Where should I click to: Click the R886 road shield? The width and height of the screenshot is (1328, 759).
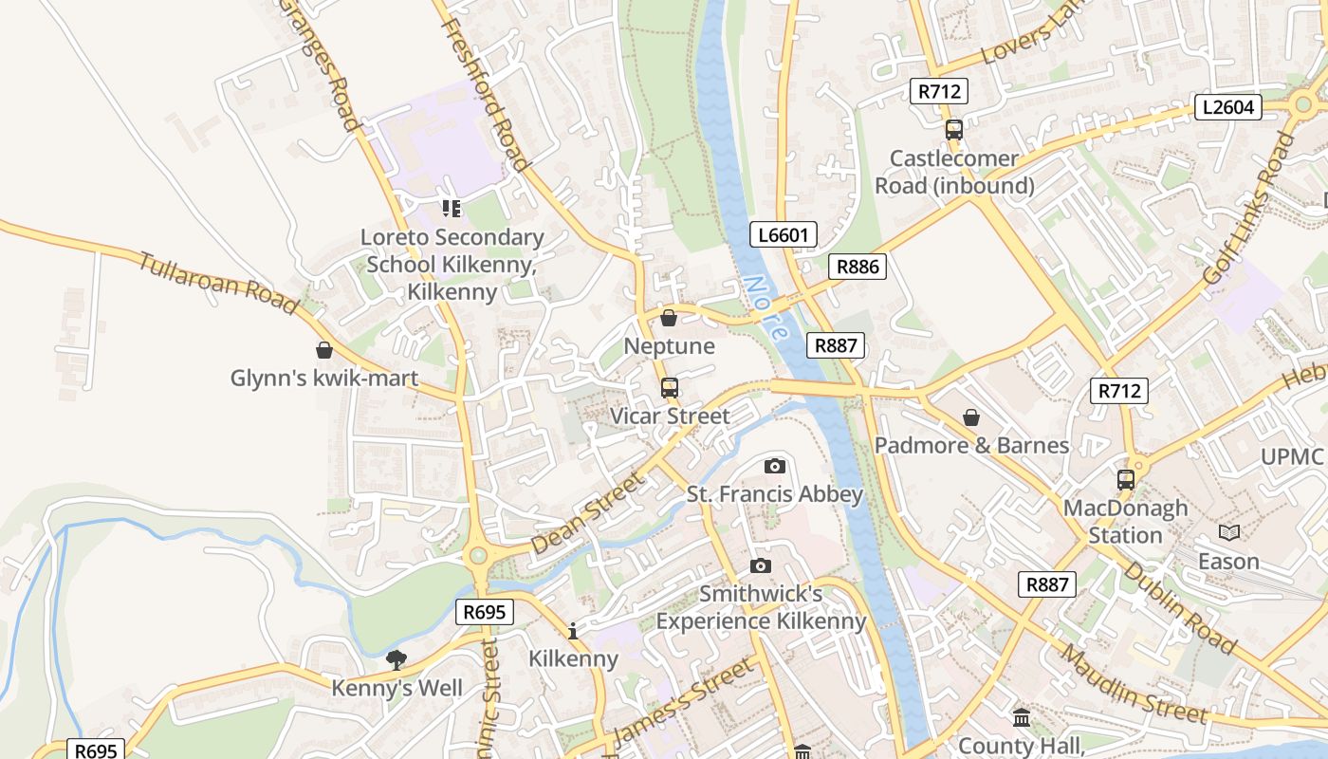click(x=858, y=267)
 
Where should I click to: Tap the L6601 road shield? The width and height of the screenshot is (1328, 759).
click(x=783, y=234)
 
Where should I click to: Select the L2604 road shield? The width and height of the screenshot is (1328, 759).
click(x=1227, y=107)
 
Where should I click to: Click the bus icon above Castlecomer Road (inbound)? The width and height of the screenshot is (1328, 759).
click(x=953, y=130)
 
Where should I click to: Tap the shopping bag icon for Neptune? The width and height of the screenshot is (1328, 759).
click(x=669, y=318)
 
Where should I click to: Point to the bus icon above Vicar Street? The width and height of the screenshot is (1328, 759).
click(x=670, y=387)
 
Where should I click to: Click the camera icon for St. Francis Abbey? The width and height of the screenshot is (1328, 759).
click(x=775, y=466)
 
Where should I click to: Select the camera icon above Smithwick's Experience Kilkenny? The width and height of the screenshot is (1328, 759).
click(x=760, y=566)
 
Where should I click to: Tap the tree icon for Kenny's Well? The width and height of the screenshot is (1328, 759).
click(x=397, y=659)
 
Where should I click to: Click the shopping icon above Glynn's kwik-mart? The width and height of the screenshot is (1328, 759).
click(x=324, y=350)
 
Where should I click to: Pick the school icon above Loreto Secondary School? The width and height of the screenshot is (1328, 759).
click(x=451, y=208)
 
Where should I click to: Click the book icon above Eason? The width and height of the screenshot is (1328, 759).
click(x=1228, y=533)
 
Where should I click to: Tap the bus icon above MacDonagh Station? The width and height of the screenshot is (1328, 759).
click(x=1126, y=480)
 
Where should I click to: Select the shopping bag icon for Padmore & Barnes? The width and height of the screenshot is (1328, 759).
click(x=971, y=417)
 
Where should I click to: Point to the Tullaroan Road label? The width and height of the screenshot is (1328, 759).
click(x=218, y=282)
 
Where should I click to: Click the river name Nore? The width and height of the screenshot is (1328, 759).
click(x=765, y=308)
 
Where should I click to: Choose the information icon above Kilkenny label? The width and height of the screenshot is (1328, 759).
click(x=573, y=631)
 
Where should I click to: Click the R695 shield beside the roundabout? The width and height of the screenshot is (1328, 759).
click(x=484, y=612)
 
